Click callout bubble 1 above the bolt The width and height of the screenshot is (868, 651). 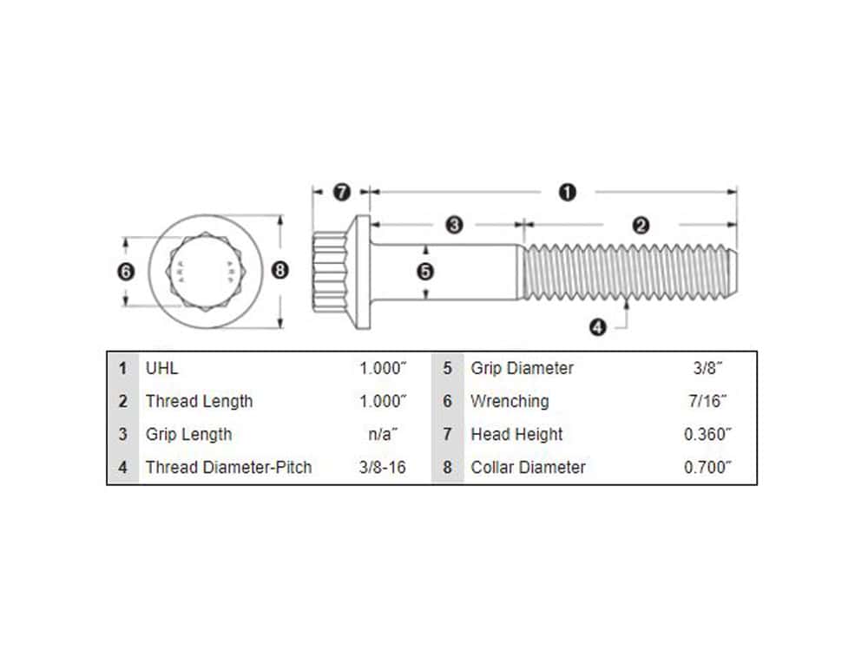[x=567, y=193]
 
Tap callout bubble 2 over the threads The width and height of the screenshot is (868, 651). [x=641, y=226]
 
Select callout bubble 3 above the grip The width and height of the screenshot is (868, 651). [x=454, y=226]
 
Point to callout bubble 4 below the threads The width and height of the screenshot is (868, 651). [x=597, y=327]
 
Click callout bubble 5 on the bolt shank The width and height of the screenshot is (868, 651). [x=425, y=271]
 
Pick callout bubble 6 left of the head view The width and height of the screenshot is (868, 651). [x=126, y=271]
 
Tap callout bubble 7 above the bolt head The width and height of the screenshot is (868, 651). [x=341, y=192]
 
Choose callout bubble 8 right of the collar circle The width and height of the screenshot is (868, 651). [x=279, y=270]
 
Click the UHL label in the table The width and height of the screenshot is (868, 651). [x=161, y=368]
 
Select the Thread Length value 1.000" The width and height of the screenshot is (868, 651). [x=383, y=401]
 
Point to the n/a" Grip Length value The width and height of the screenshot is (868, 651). [x=383, y=434]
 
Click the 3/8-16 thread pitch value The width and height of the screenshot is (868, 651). [x=383, y=467]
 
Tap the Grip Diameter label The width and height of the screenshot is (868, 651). [x=522, y=368]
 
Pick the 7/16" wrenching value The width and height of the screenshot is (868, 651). [x=707, y=401]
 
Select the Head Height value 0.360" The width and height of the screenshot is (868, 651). [x=707, y=434]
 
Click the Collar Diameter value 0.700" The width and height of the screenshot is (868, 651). [x=707, y=467]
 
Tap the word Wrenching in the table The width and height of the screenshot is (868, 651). [x=510, y=401]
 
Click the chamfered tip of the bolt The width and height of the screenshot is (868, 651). [x=732, y=272]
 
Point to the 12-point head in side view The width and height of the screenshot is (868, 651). [x=331, y=272]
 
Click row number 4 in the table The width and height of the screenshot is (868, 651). [x=123, y=467]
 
